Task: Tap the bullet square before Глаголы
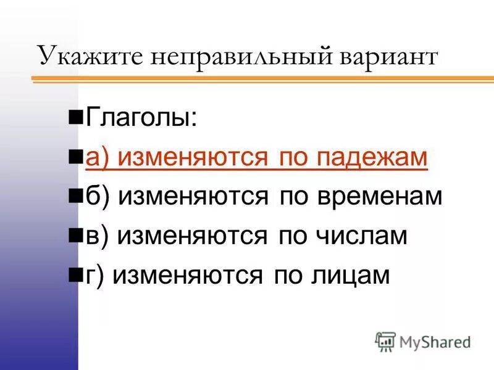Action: pos(77,115)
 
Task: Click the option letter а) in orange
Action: pos(97,157)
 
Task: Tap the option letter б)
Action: pos(97,197)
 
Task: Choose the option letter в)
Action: pos(96,236)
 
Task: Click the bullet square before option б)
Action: pos(77,197)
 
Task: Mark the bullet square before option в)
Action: pos(77,236)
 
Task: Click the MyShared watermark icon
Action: pos(386,341)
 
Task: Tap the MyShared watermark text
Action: pos(435,342)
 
